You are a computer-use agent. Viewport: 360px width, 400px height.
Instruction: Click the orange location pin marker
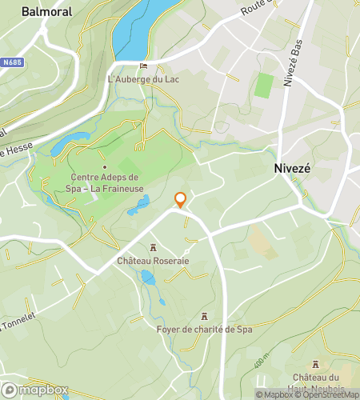point(180,200)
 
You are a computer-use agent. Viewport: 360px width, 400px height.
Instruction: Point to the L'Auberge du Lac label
point(143,79)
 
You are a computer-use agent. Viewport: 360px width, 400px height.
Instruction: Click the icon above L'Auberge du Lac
point(143,66)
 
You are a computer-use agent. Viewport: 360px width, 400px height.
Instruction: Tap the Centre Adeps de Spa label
point(104,182)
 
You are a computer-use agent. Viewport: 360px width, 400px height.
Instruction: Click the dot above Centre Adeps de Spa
point(104,166)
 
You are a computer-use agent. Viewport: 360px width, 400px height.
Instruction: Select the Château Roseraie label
point(152,261)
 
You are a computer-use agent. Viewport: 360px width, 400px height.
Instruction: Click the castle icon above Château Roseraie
point(152,248)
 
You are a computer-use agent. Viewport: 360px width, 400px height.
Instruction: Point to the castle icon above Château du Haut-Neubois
point(315,364)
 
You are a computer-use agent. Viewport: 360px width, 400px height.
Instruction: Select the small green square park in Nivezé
point(264,85)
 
